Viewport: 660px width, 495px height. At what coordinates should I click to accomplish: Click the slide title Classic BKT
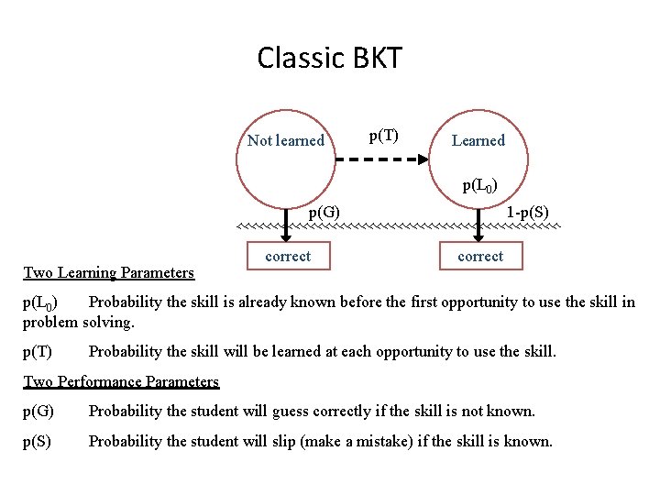[329, 59]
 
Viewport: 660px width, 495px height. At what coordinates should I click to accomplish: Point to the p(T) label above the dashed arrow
[383, 137]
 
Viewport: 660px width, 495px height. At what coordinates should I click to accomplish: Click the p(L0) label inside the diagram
[480, 186]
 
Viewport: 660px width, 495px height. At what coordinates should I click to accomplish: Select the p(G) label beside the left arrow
[324, 213]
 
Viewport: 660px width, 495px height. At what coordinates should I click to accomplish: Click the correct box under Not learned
[288, 257]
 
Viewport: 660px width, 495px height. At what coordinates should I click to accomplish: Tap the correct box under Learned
[480, 257]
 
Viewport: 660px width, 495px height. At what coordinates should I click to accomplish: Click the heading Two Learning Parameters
[108, 272]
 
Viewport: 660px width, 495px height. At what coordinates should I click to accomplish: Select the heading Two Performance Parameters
[121, 381]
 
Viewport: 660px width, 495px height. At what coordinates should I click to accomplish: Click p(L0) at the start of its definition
[40, 302]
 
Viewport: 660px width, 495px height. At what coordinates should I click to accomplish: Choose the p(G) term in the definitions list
[38, 412]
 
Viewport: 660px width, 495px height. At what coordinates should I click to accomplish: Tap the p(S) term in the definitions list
[38, 442]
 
